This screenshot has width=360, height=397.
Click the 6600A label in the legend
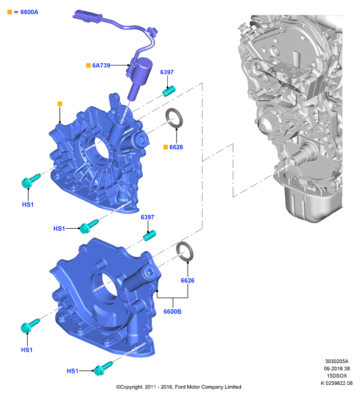(x=29, y=12)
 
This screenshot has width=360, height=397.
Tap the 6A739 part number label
(x=101, y=65)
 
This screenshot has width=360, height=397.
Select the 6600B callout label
(x=172, y=312)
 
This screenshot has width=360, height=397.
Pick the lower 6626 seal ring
(x=185, y=251)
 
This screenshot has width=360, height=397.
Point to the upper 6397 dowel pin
(x=169, y=91)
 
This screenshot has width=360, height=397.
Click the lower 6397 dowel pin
(x=149, y=236)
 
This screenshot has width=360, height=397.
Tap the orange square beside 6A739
(x=88, y=65)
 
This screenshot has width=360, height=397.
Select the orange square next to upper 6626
(x=166, y=147)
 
